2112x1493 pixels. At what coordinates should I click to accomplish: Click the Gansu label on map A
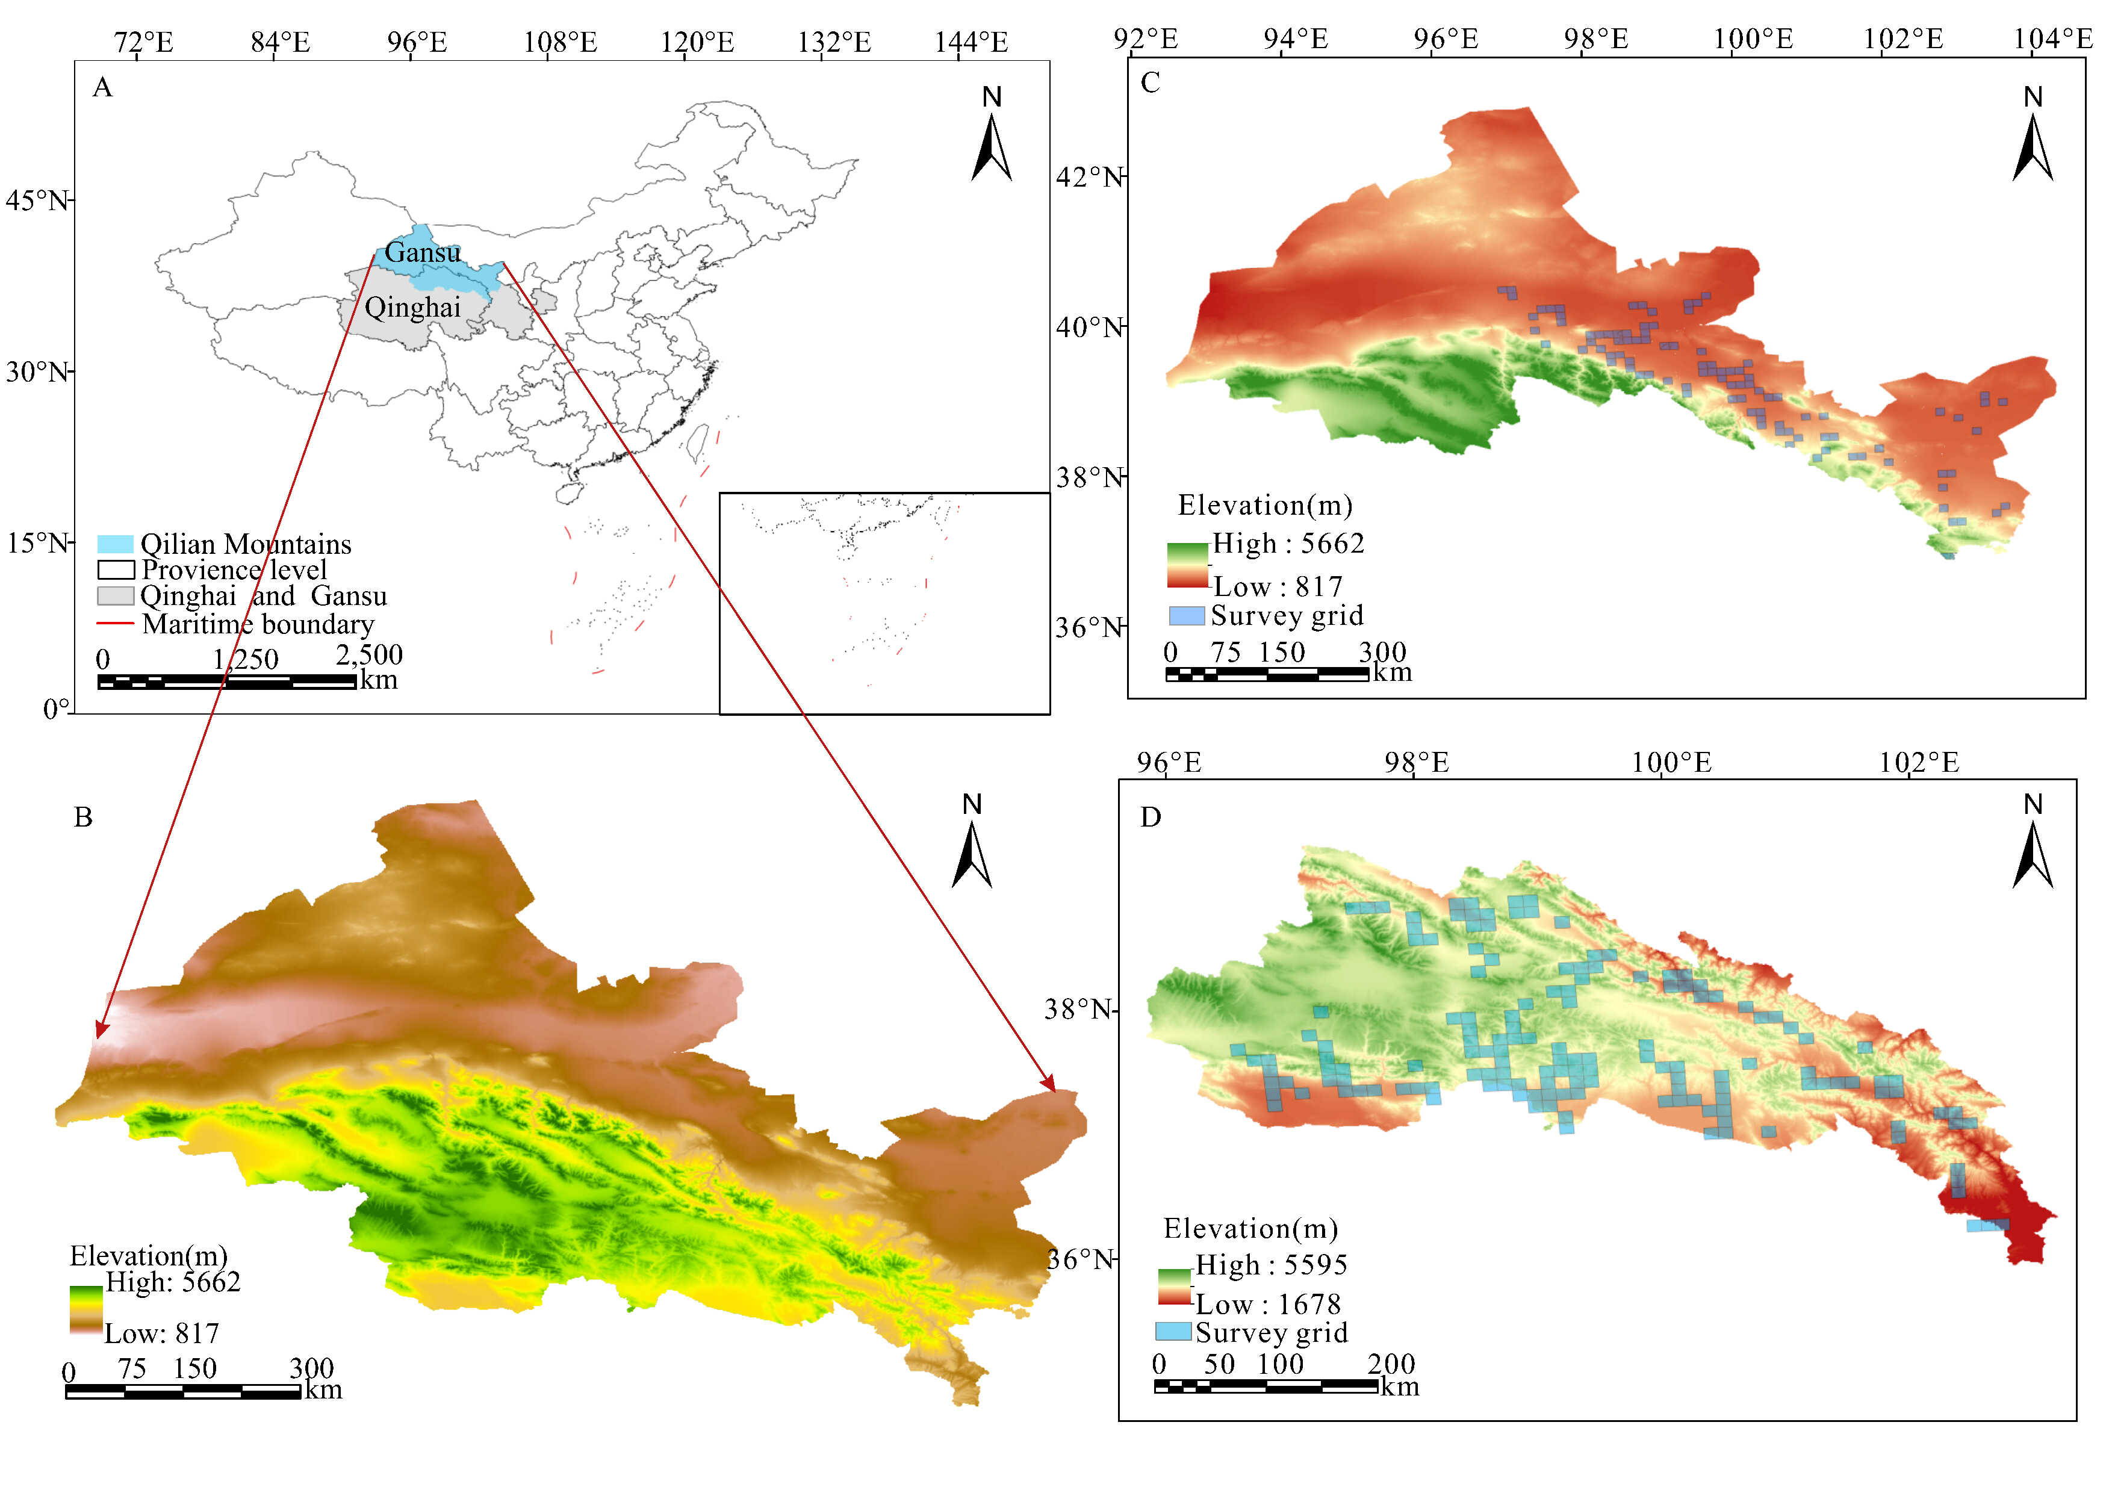pyautogui.click(x=422, y=252)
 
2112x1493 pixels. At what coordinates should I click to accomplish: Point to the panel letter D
pyautogui.click(x=1150, y=817)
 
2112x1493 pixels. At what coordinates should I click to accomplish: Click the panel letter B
pyautogui.click(x=83, y=817)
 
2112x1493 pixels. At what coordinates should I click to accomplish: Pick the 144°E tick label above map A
pyautogui.click(x=971, y=42)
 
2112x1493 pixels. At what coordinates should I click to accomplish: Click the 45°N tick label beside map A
pyautogui.click(x=37, y=200)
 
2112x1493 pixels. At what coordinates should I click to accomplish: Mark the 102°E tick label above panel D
pyautogui.click(x=1918, y=763)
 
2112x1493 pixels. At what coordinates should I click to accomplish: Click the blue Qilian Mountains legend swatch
pyautogui.click(x=115, y=544)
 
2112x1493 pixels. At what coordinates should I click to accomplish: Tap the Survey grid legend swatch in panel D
pyautogui.click(x=1173, y=1331)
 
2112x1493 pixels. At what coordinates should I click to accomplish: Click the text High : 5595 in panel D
pyautogui.click(x=1270, y=1265)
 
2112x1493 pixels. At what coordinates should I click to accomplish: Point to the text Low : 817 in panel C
pyautogui.click(x=1278, y=586)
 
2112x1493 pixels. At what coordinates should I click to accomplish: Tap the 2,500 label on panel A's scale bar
pyautogui.click(x=369, y=655)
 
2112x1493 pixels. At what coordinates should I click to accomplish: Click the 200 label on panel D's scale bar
pyautogui.click(x=1391, y=1364)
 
